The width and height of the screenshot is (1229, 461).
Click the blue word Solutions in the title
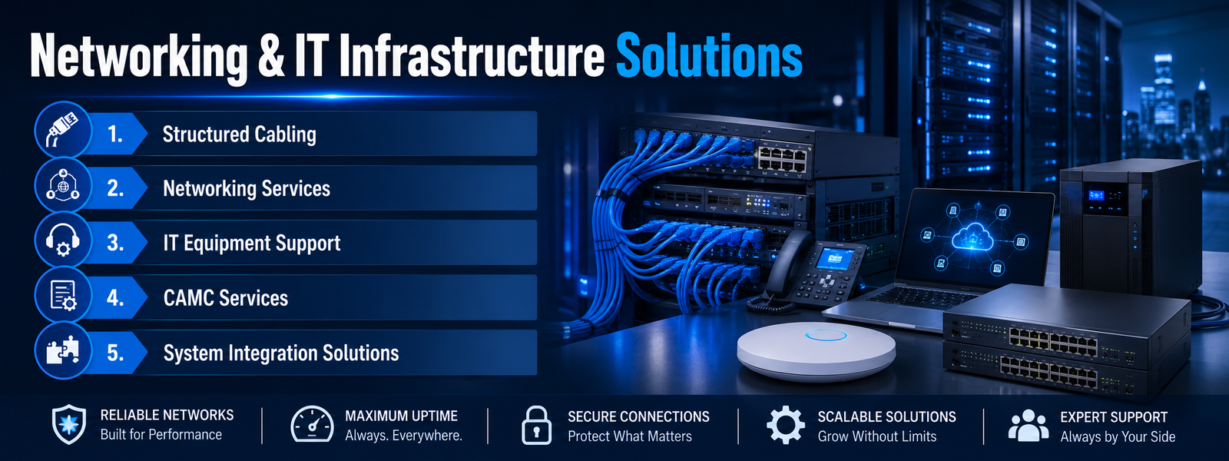coord(709,55)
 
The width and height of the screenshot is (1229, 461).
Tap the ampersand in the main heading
coord(270,56)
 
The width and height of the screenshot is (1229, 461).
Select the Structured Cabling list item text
coord(239,134)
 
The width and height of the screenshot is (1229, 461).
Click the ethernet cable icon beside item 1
coord(63,130)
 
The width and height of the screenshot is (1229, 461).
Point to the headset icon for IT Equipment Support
coord(62,241)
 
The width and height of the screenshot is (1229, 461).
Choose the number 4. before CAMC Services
coord(115,298)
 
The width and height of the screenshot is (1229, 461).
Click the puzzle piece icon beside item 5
coord(62,350)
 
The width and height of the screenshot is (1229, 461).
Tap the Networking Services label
coord(247,189)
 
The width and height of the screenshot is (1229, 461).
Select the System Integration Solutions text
coord(281,353)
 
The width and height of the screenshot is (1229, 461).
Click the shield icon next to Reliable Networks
coord(68,425)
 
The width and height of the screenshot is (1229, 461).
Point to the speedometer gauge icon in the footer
coord(312,424)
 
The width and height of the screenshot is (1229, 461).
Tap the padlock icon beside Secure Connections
coord(537,426)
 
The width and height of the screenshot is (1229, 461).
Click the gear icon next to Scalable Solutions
coord(786,425)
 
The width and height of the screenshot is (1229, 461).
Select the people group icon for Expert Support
coord(1029,426)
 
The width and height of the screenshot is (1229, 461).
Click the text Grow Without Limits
coord(876,437)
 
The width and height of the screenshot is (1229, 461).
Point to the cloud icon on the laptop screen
coord(972,237)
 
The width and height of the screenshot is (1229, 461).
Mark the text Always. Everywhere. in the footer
coord(403,436)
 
